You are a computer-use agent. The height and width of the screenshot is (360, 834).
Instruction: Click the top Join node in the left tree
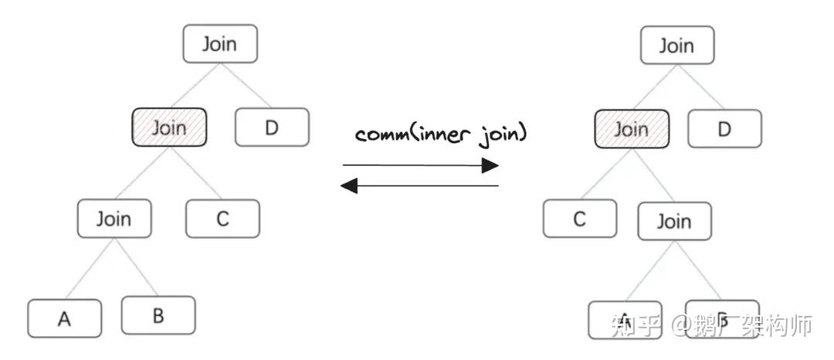point(219,44)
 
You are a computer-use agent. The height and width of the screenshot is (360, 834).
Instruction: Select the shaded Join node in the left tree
point(169,127)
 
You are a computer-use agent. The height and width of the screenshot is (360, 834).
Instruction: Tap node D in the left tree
point(271,127)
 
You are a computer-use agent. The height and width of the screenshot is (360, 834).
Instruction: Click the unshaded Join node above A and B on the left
point(114,219)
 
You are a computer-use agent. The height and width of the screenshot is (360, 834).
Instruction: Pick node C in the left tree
point(222,219)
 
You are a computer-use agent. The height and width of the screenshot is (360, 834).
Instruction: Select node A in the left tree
point(64,318)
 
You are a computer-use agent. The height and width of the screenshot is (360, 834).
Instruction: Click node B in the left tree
point(158,315)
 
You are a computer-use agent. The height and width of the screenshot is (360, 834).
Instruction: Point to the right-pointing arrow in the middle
point(420,165)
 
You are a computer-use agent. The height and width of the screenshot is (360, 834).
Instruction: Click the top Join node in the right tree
point(676,46)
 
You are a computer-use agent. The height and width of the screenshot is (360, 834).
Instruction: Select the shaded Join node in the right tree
point(631,129)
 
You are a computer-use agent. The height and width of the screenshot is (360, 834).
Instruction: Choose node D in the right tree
point(724,128)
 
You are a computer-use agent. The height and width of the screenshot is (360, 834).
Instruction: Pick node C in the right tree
point(579,219)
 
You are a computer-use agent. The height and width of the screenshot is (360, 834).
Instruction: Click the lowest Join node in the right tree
point(674,222)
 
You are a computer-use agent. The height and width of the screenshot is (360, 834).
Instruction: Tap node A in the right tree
point(624,320)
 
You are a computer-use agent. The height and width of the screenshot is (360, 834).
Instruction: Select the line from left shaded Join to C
point(197,173)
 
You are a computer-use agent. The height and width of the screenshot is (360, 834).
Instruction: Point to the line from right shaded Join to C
point(603,174)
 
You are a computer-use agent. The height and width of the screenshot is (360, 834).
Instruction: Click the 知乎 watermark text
point(636,325)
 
